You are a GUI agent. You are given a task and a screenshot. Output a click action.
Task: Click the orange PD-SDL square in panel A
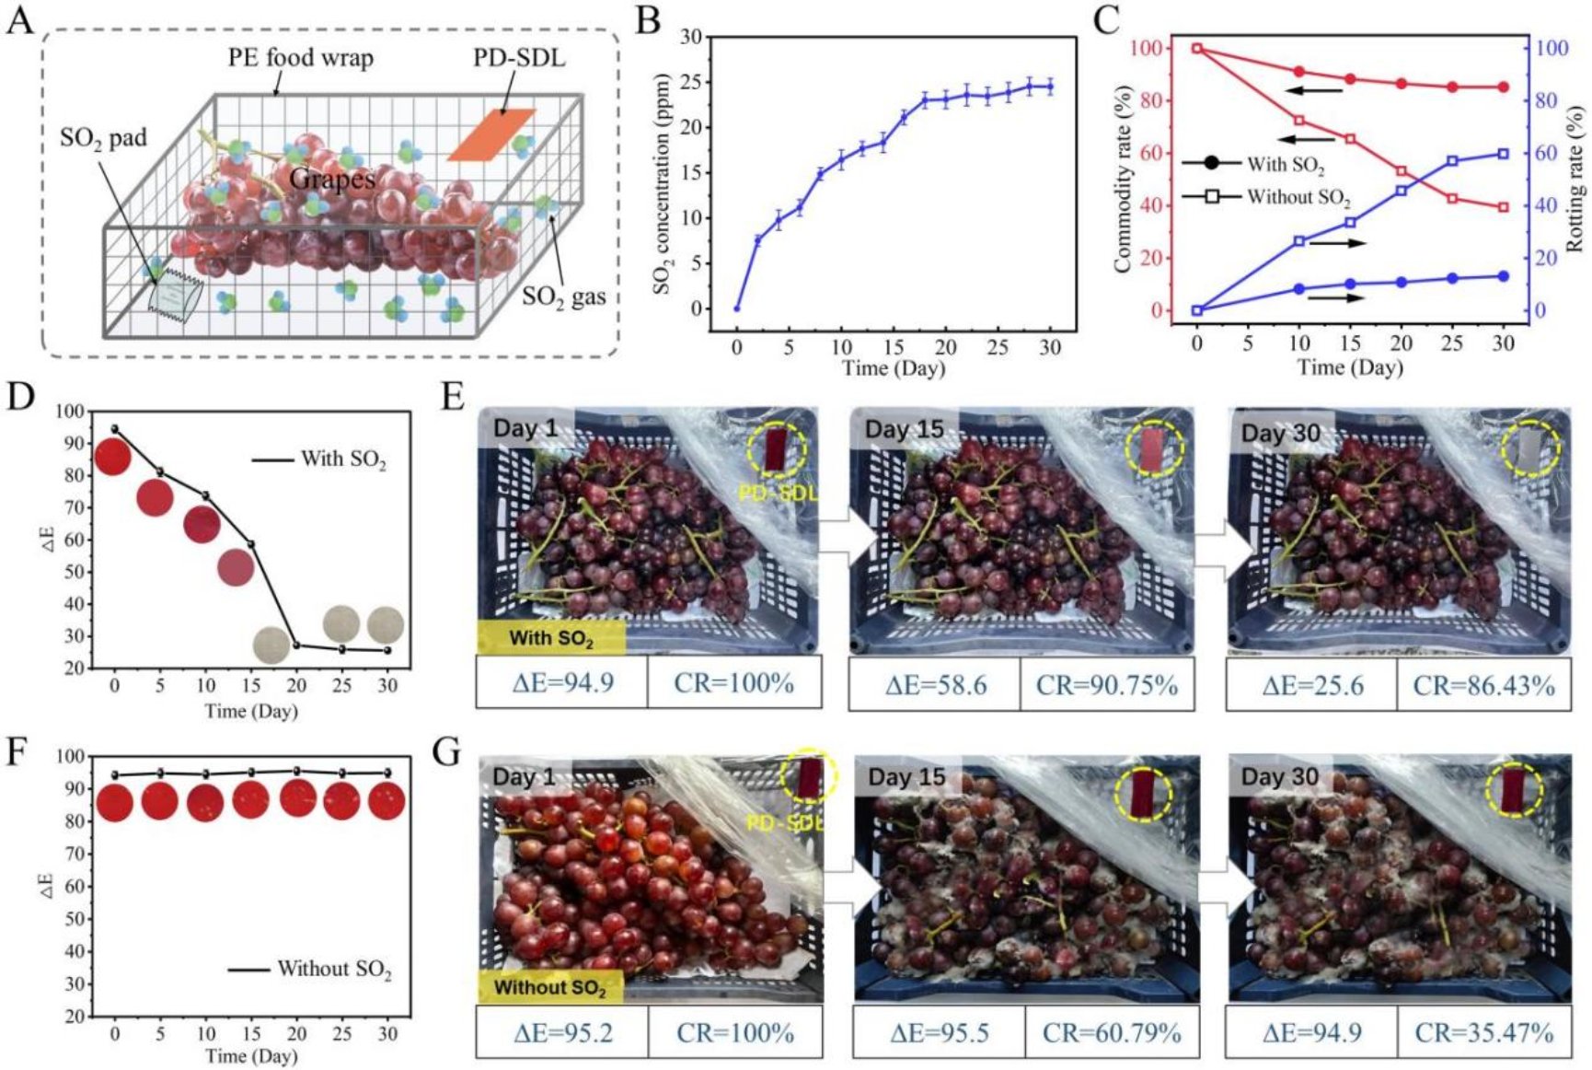pyautogui.click(x=491, y=134)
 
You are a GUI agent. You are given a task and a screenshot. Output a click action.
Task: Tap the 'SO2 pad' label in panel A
pyautogui.click(x=103, y=139)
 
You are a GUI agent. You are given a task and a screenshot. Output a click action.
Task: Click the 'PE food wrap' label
pyautogui.click(x=301, y=59)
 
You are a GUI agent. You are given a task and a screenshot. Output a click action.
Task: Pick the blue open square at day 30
pyautogui.click(x=1503, y=154)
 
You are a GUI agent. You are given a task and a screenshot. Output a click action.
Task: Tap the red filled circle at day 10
pyautogui.click(x=1299, y=72)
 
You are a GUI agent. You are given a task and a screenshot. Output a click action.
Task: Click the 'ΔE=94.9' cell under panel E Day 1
pyautogui.click(x=562, y=683)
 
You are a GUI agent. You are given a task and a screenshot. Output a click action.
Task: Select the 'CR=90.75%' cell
pyautogui.click(x=1107, y=685)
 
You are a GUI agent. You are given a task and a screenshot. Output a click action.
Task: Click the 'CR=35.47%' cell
pyautogui.click(x=1483, y=1033)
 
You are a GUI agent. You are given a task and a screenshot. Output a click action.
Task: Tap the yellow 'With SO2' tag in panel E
pyautogui.click(x=551, y=637)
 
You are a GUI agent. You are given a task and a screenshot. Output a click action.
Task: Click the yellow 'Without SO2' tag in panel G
pyautogui.click(x=549, y=987)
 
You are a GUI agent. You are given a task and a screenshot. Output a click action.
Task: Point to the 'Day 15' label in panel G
pyautogui.click(x=906, y=777)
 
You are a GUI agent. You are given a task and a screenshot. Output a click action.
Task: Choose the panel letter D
pyautogui.click(x=19, y=397)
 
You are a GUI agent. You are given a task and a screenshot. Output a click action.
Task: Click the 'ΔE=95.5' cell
pyautogui.click(x=940, y=1033)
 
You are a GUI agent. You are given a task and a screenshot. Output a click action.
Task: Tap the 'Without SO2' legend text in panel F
pyautogui.click(x=334, y=969)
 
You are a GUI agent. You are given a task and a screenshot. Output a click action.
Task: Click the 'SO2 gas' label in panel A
pyautogui.click(x=564, y=297)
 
